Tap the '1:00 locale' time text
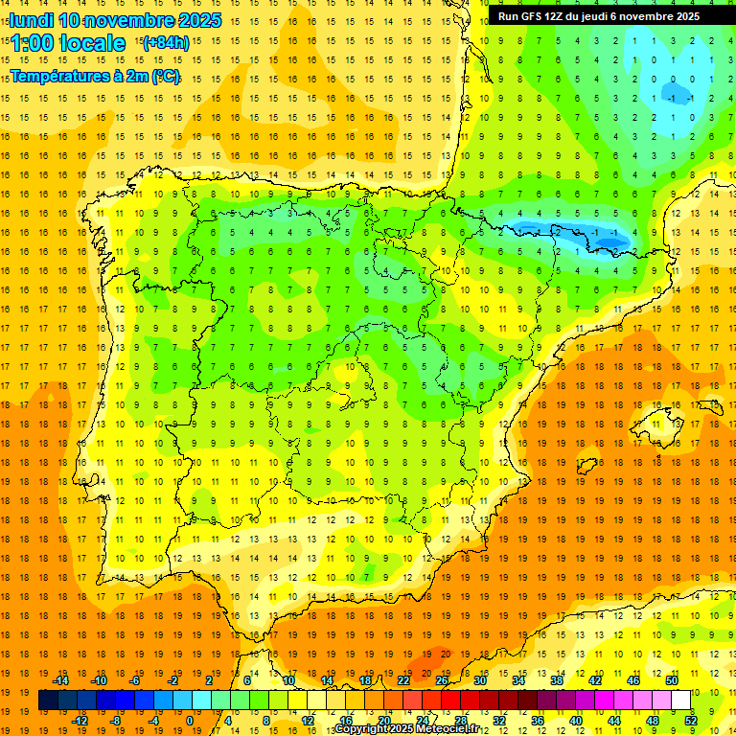68,43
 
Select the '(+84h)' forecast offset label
165,43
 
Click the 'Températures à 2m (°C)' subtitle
95,77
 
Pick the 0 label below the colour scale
189,721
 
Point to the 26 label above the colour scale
442,680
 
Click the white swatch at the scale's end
681,701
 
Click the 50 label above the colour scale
672,680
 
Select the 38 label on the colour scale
557,680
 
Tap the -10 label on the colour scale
98,680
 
